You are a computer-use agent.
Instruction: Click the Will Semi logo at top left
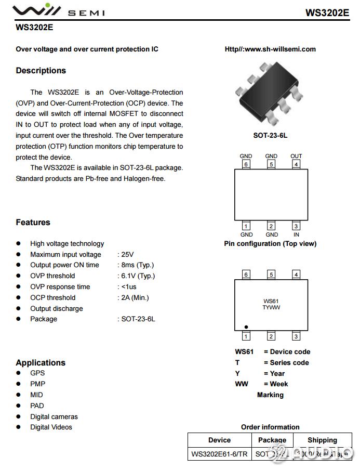[57, 10]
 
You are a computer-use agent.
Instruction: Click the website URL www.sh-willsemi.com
[270, 49]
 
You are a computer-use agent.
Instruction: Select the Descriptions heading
[41, 71]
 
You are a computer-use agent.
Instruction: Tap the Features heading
[33, 223]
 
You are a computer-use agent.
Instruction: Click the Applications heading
[41, 363]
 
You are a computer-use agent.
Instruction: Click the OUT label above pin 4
[296, 156]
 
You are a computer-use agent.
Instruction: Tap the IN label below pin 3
[296, 234]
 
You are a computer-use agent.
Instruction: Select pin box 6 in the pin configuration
[246, 165]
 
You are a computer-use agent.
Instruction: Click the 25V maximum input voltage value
[127, 255]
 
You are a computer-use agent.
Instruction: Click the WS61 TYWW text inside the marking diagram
[271, 305]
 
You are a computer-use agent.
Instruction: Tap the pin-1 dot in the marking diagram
[246, 327]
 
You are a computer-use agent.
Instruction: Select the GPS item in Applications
[37, 373]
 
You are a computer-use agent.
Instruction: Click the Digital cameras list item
[54, 416]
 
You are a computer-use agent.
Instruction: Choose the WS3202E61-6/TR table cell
[219, 454]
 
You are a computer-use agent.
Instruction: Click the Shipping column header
[322, 440]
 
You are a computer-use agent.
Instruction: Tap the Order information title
[270, 427]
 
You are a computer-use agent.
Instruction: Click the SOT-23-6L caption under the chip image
[270, 136]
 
